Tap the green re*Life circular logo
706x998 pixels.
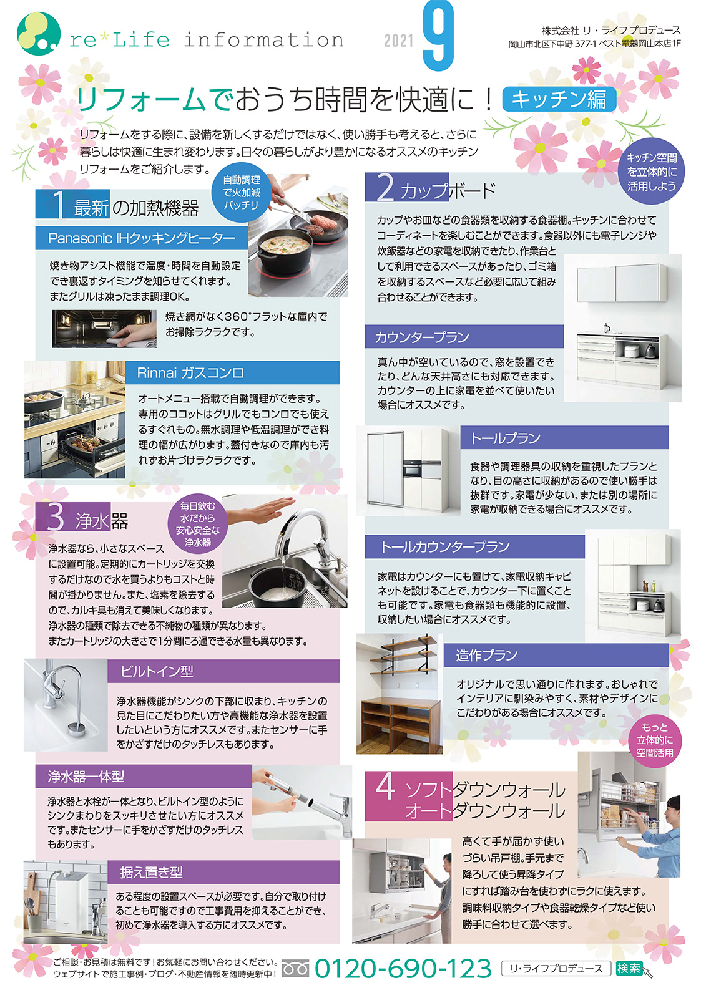38,34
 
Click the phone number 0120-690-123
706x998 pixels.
403,969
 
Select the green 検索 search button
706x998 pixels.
629,969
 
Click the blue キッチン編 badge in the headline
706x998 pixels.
559,99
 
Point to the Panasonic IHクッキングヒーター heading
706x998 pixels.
141,238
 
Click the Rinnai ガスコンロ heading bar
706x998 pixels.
232,372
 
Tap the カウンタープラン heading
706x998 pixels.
464,336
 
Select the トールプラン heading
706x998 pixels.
564,437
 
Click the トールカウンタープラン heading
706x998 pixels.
474,546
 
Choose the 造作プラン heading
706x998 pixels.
556,655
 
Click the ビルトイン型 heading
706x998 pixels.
223,671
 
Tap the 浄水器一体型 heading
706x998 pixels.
144,777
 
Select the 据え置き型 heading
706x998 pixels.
223,873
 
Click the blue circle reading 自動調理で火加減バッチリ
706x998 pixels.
242,192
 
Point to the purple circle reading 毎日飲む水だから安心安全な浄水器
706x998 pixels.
198,524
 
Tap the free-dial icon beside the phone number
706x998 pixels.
295,969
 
